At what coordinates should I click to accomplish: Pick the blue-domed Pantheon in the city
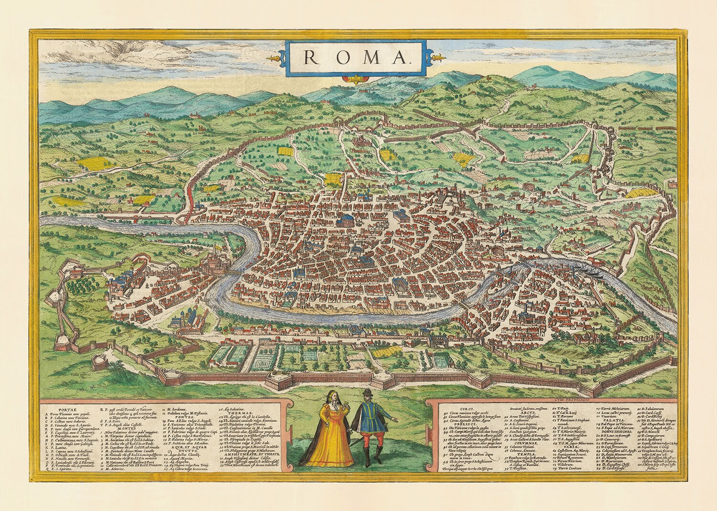(343, 221)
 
